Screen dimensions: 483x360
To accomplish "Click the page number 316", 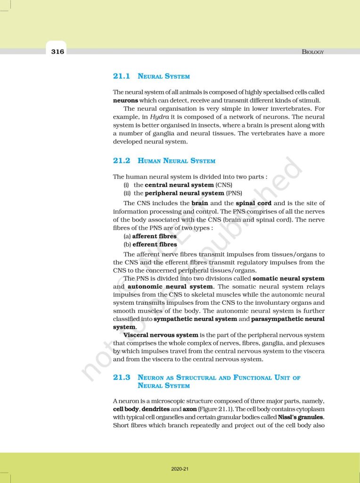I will [x=57, y=51].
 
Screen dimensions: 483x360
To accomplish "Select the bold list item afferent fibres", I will [x=155, y=236].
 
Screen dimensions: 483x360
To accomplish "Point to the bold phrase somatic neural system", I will [x=288, y=278].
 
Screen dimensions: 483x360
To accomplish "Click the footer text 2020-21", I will [x=180, y=469].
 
